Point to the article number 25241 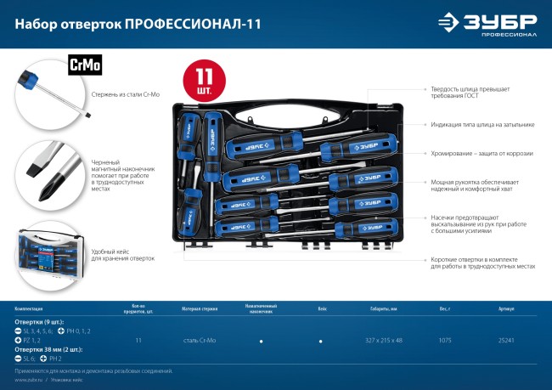[x=506, y=339]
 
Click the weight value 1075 [x=445, y=339]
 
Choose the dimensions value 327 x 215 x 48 [x=379, y=339]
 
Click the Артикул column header [x=506, y=310]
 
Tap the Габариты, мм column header [x=379, y=310]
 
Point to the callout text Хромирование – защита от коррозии [x=481, y=153]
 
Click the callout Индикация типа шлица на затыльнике [x=482, y=124]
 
